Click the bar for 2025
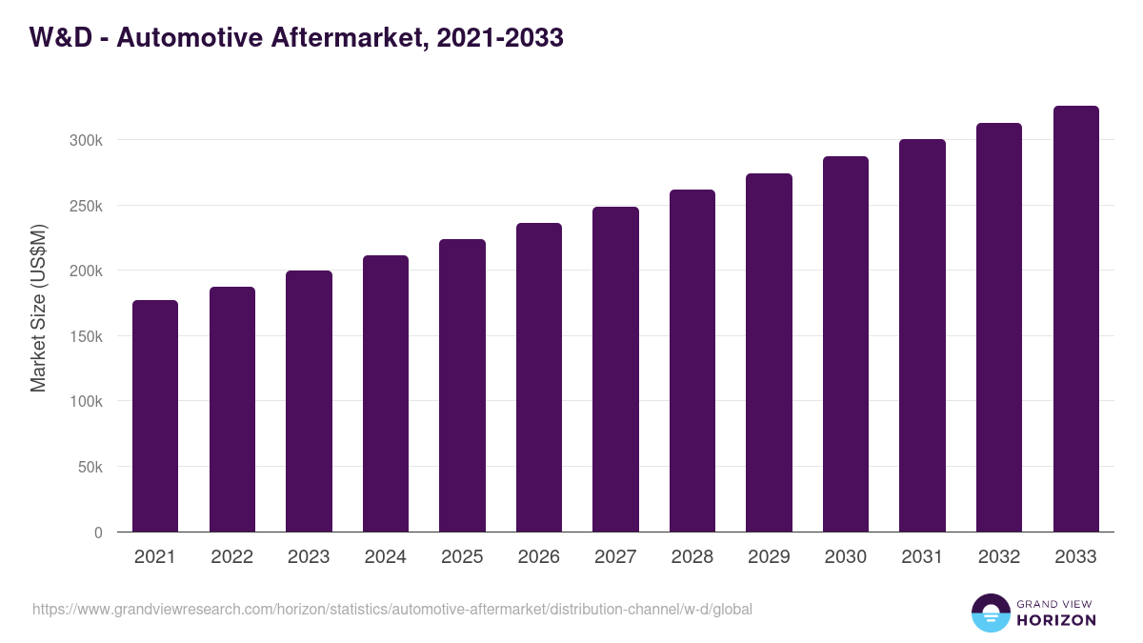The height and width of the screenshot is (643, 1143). [x=462, y=386]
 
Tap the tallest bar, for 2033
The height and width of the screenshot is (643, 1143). [x=1075, y=319]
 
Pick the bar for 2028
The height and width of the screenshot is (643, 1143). [x=692, y=361]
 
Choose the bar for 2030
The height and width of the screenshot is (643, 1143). [x=846, y=344]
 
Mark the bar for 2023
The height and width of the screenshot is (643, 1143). [x=309, y=401]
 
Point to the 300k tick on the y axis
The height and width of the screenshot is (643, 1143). [x=86, y=140]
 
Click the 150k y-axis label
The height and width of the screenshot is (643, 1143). [x=86, y=336]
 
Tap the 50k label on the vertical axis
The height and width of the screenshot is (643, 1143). [x=90, y=468]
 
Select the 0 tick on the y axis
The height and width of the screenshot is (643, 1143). [x=97, y=532]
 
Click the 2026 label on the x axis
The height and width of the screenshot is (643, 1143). [x=539, y=557]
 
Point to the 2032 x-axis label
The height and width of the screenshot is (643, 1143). [x=999, y=557]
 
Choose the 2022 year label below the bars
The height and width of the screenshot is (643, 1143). [x=231, y=557]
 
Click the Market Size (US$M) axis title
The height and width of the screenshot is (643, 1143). [x=38, y=309]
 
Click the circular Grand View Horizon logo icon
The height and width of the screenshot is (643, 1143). [x=990, y=613]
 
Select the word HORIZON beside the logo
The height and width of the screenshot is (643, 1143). [x=1056, y=620]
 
